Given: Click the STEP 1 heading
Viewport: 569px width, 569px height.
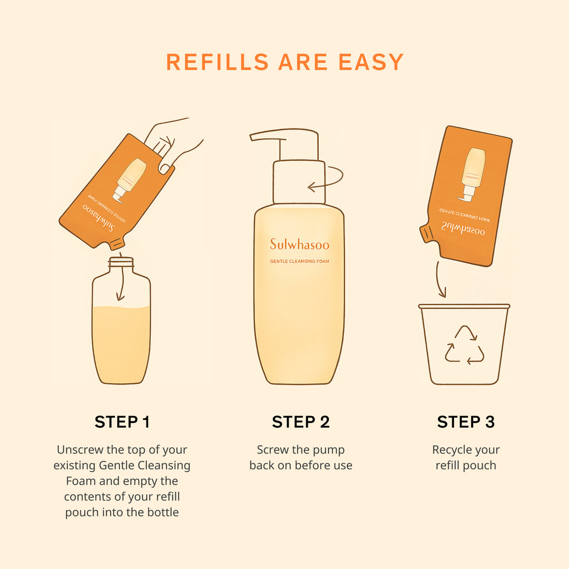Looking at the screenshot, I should pyautogui.click(x=122, y=421).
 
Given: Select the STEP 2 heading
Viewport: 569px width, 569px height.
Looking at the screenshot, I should pyautogui.click(x=300, y=421).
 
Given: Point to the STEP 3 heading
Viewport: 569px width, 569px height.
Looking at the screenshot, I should pyautogui.click(x=466, y=421).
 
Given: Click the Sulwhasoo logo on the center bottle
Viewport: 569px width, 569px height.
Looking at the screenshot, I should pyautogui.click(x=299, y=244).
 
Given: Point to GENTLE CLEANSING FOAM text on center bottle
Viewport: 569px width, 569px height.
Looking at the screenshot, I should pyautogui.click(x=300, y=261).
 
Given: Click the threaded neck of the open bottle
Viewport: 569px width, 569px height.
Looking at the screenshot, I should pyautogui.click(x=121, y=262).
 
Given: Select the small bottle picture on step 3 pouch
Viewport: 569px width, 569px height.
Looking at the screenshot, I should pyautogui.click(x=473, y=174).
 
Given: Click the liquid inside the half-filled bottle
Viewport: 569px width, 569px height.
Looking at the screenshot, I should pyautogui.click(x=121, y=342).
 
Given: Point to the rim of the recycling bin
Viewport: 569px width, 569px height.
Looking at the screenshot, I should pyautogui.click(x=464, y=306).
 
